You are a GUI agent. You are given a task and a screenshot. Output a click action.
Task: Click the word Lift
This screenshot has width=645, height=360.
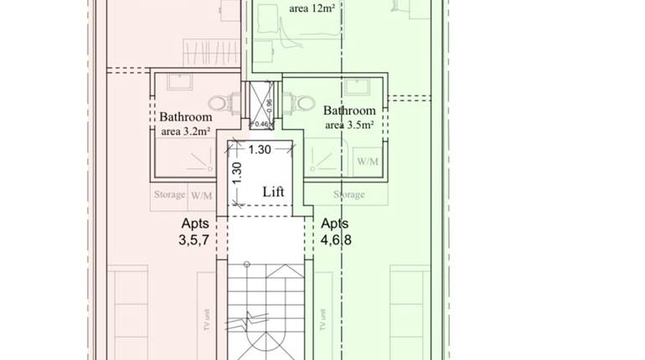(x=273, y=192)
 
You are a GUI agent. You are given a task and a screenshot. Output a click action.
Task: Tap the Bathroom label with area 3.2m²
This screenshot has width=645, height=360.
(x=186, y=124)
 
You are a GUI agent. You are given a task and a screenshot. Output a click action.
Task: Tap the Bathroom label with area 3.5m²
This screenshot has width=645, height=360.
(x=349, y=117)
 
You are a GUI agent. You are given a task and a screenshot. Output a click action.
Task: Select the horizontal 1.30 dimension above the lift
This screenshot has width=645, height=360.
(x=260, y=150)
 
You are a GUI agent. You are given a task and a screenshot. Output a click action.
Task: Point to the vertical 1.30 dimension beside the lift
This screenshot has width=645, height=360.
(x=237, y=173)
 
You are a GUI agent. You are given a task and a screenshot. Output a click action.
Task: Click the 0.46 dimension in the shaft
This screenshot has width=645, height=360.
(x=261, y=124)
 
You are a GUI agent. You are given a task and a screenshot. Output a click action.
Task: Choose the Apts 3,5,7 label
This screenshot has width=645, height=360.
(x=195, y=232)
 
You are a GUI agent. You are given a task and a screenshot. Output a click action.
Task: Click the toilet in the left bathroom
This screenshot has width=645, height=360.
(x=221, y=104)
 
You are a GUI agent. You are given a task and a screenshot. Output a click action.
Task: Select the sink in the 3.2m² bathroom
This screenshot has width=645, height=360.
(x=178, y=81)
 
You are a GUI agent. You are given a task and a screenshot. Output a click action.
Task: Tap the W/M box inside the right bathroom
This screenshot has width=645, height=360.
(x=367, y=161)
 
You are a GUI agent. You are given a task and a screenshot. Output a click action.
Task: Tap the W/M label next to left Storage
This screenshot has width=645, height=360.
(x=201, y=195)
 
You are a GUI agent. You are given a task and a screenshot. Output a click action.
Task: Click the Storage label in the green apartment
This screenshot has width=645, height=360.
(x=348, y=195)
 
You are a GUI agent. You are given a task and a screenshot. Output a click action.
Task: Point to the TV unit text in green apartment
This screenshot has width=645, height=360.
(x=321, y=319)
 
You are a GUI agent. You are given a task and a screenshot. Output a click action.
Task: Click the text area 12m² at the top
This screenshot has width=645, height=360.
(x=313, y=9)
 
